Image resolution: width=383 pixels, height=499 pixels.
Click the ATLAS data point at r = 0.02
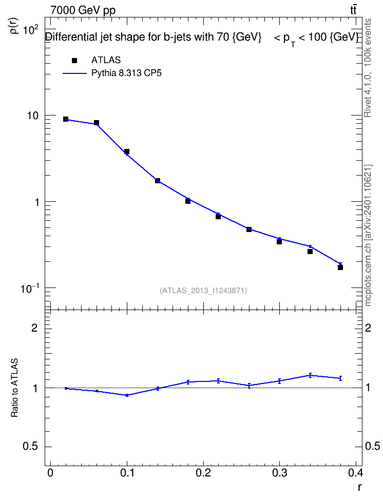66,119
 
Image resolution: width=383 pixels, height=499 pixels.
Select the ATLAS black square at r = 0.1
127,151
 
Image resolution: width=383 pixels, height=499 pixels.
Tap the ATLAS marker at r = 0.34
310,252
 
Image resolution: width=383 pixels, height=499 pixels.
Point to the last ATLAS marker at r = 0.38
340,267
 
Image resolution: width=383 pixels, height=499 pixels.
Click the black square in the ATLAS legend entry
74,61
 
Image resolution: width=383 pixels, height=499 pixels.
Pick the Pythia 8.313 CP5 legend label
126,73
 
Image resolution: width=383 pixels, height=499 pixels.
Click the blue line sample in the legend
74,73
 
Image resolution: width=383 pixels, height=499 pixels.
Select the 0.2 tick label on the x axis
203,473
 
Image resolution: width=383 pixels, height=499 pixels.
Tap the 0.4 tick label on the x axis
355,473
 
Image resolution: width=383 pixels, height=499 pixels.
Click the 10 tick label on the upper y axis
32,116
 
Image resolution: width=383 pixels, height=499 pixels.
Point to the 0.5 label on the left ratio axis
31,446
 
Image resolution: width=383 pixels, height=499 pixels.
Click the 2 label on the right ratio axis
368,328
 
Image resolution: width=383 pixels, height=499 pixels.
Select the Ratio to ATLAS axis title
14,388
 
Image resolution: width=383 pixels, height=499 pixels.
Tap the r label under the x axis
359,487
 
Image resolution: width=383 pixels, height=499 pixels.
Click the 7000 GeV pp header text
83,10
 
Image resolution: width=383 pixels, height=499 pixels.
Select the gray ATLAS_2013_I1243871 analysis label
203,291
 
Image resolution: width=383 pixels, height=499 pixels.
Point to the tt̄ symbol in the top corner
353,10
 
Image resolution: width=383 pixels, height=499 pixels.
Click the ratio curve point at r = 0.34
310,375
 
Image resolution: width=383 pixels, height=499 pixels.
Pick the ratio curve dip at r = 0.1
127,395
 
